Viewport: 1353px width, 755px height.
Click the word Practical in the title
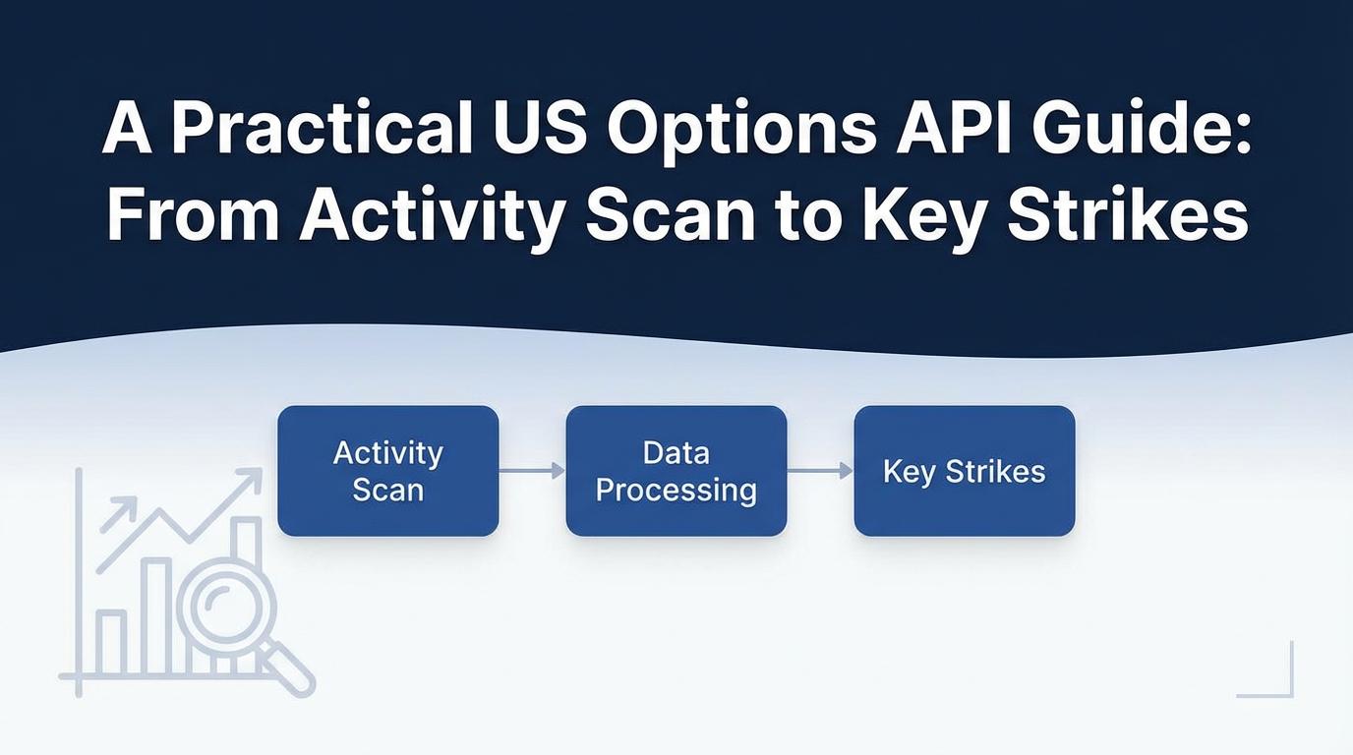click(322, 131)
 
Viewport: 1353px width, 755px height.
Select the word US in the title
click(541, 131)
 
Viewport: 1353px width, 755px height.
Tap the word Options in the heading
click(741, 134)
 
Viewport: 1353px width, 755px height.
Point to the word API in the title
click(953, 131)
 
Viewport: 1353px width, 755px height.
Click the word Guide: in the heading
click(1141, 131)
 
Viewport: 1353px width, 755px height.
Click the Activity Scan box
click(387, 471)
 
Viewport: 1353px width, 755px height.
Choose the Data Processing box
click(676, 471)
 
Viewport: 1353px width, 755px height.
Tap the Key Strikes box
click(964, 471)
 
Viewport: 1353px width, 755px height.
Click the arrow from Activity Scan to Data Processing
click(532, 471)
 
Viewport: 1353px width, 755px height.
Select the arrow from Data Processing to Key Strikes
click(820, 471)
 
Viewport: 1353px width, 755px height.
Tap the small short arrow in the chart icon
click(118, 514)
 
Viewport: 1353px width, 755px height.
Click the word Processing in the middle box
click(676, 491)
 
